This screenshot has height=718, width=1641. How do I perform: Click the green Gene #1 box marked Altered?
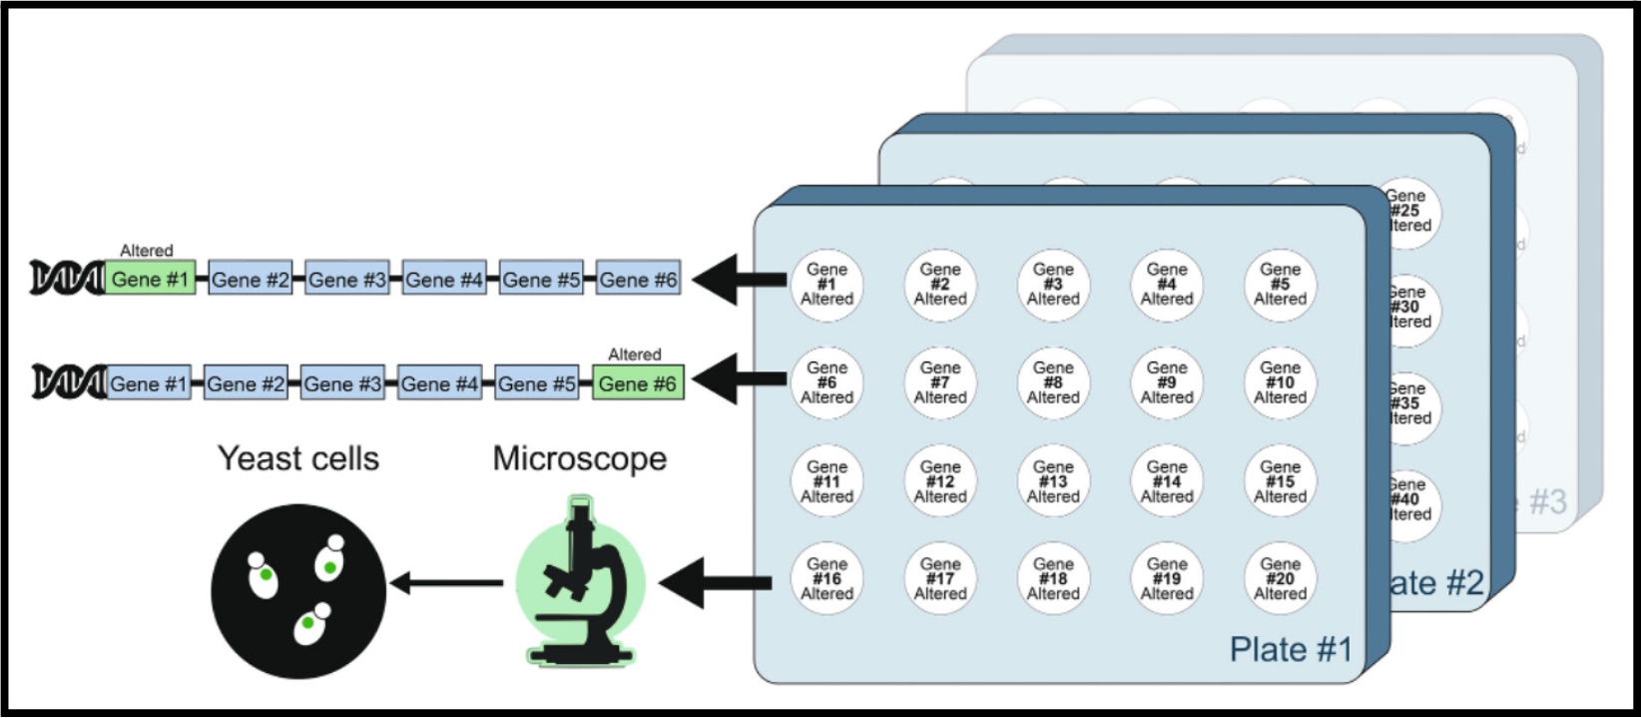(151, 280)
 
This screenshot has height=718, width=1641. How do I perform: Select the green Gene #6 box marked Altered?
(638, 383)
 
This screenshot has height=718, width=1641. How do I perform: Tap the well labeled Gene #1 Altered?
(826, 285)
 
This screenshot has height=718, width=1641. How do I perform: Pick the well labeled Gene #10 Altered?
(1280, 382)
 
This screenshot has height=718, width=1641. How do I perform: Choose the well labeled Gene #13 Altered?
(1053, 481)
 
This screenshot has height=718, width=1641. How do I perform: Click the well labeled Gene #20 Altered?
(1280, 579)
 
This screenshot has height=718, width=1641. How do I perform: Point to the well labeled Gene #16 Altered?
(826, 579)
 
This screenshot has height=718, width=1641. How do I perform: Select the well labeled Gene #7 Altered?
(940, 382)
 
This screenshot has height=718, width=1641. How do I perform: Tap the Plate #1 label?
(1290, 650)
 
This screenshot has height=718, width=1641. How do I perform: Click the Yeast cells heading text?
(298, 458)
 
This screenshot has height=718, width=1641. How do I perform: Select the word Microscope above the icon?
(580, 458)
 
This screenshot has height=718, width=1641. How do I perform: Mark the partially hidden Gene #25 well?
(1409, 212)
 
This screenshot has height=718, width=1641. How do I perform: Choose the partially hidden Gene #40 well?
(1409, 500)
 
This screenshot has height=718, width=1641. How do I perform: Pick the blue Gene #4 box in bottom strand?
(439, 383)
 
